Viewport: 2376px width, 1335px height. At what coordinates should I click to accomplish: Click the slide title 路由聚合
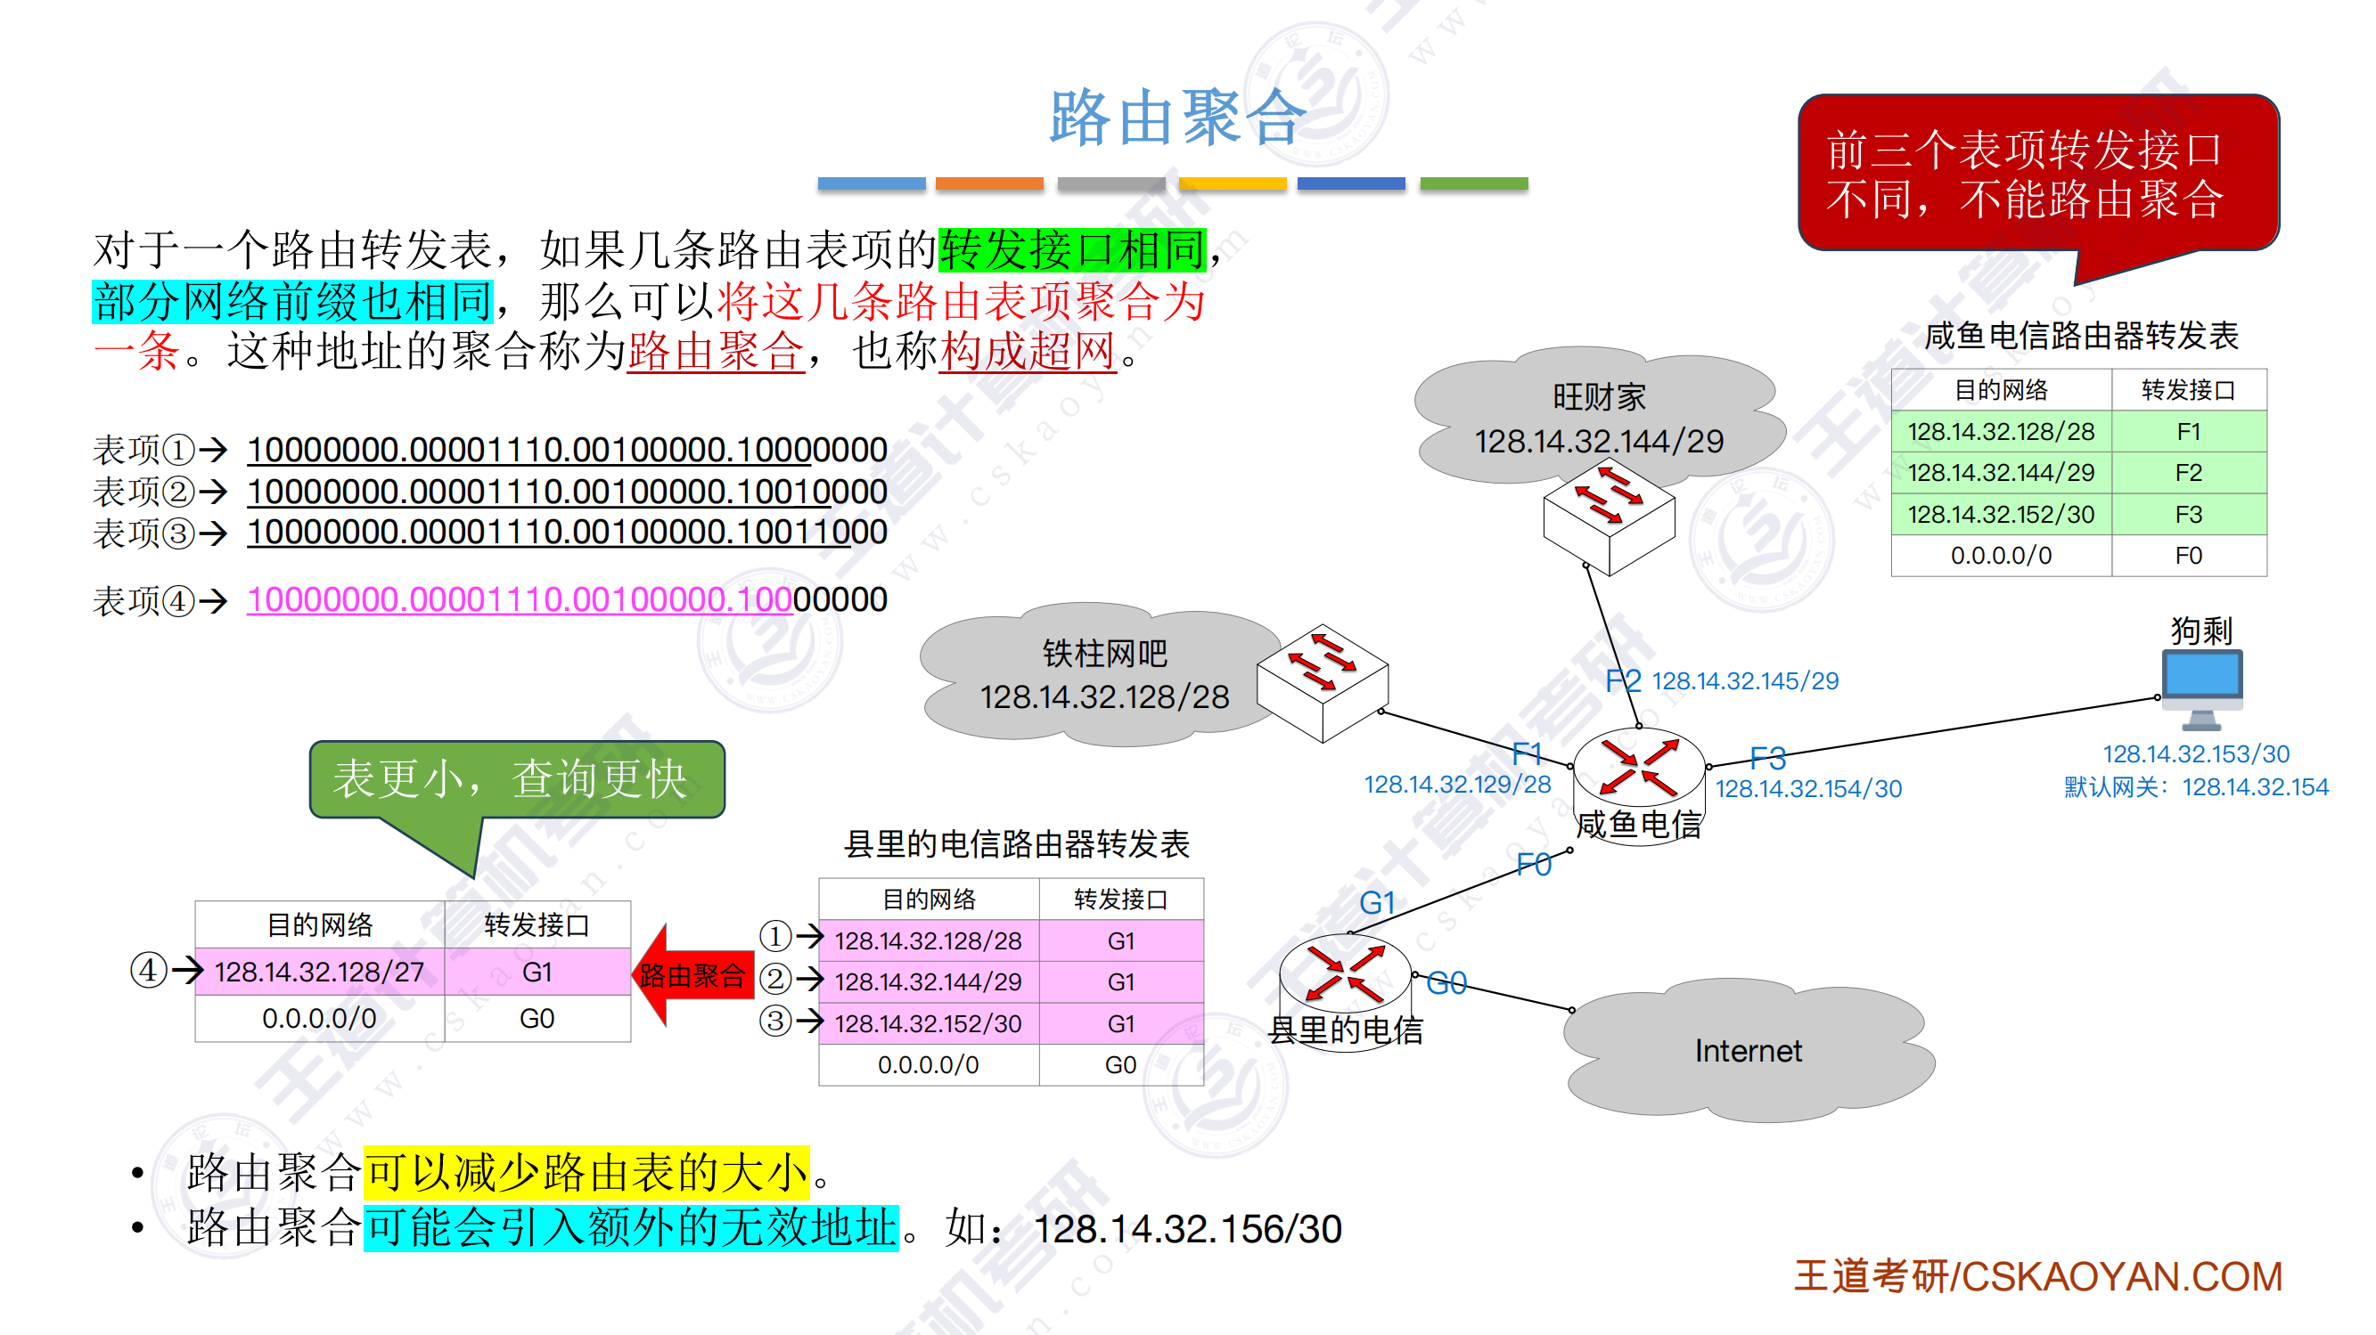[x=1178, y=118]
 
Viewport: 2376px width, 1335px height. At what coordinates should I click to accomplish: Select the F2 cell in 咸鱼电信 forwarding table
[x=2188, y=473]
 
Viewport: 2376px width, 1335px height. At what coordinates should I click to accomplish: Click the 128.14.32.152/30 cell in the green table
[x=2001, y=515]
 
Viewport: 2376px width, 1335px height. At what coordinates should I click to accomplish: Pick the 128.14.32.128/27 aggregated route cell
[x=319, y=972]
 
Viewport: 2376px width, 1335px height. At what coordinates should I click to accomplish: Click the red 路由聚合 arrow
[x=692, y=975]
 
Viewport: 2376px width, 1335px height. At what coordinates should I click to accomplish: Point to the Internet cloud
[x=1747, y=1051]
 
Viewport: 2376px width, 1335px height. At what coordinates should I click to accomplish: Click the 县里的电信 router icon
[x=1345, y=972]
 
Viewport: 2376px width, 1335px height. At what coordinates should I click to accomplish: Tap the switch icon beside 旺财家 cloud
[x=1609, y=517]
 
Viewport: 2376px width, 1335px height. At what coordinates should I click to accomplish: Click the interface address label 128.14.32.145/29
[x=1744, y=681]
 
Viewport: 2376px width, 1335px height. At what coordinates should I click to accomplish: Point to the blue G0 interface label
[x=1446, y=983]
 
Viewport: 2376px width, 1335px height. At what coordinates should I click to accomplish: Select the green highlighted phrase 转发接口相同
[x=1072, y=250]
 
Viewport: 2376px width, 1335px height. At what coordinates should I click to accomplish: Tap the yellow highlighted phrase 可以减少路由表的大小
[x=586, y=1173]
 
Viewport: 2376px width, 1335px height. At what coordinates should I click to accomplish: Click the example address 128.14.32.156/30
[x=1187, y=1229]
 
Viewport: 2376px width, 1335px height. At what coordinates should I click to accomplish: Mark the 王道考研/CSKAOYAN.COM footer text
[x=2037, y=1277]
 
